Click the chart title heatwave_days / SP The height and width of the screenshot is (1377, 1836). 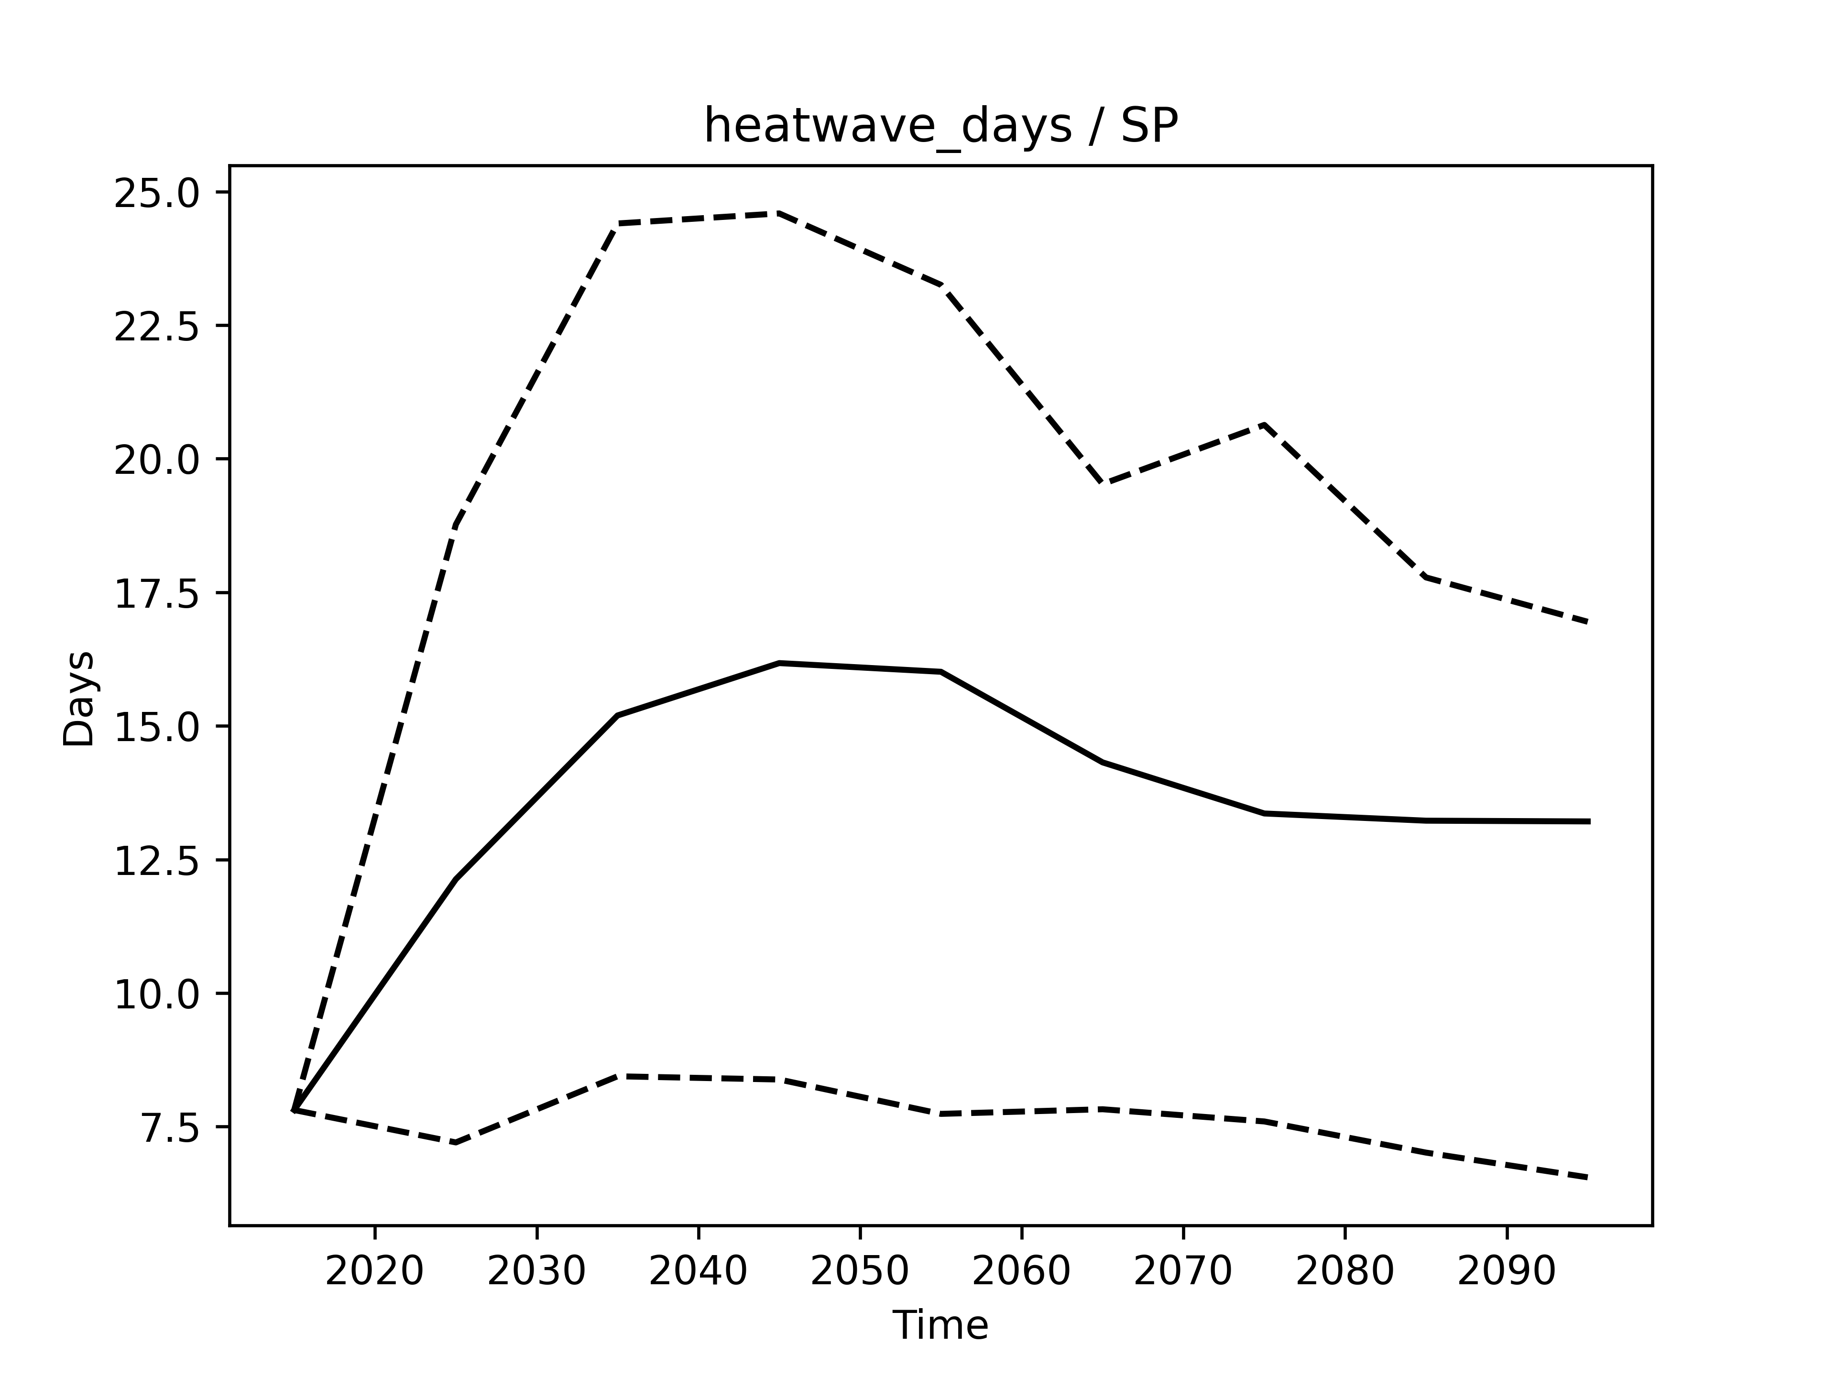click(x=940, y=127)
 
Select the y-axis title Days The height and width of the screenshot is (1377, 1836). click(x=79, y=699)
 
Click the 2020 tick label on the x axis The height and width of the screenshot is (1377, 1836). click(x=374, y=1272)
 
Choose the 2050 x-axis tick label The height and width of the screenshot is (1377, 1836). click(x=859, y=1272)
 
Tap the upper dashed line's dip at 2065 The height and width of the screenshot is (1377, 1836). click(x=1102, y=482)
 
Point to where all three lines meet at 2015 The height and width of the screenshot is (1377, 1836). click(x=295, y=1110)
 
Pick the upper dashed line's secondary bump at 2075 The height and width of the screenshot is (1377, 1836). click(x=1263, y=424)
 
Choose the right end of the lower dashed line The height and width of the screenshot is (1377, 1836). click(x=1588, y=1178)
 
